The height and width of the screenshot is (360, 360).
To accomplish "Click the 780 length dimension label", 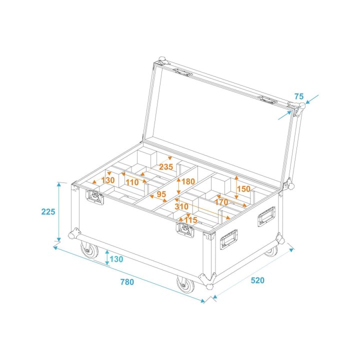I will [127, 281].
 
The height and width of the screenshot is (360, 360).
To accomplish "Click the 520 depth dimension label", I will [256, 280].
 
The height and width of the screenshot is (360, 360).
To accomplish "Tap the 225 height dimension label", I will [48, 211].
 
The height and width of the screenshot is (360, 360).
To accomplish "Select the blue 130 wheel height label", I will [116, 259].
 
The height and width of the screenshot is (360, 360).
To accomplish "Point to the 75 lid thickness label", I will [299, 96].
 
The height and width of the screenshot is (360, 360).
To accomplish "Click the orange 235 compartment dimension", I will [166, 167].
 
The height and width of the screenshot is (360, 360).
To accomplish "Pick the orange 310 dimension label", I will [182, 206].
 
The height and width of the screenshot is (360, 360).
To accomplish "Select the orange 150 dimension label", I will [243, 189].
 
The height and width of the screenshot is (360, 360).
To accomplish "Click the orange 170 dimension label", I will [221, 202].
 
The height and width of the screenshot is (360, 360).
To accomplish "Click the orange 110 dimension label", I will [132, 182].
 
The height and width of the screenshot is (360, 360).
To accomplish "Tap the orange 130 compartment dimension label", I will [108, 179].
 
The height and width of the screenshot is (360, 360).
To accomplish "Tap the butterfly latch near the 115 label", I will [185, 230].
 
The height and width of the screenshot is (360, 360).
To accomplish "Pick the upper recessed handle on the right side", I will [266, 216].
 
